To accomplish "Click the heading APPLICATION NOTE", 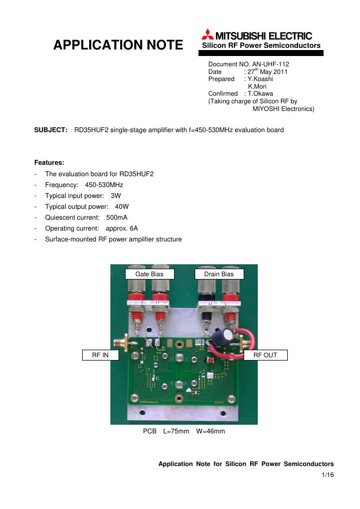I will (118, 45).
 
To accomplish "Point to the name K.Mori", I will (257, 86).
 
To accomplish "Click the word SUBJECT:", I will (51, 131).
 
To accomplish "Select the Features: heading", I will (49, 163).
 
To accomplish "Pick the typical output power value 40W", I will (122, 207).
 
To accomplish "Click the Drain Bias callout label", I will (219, 274).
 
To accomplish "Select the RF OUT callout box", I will (265, 355).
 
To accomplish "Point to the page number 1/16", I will (327, 475).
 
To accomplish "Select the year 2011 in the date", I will (280, 72).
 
